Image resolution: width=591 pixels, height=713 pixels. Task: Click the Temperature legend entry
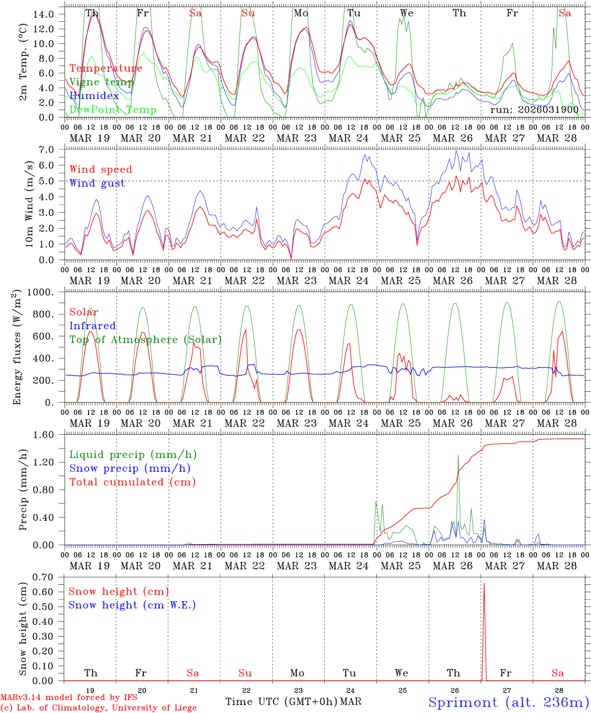tap(106, 68)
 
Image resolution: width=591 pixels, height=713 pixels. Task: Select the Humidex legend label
tap(95, 96)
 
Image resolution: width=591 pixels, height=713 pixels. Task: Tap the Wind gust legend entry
tap(98, 183)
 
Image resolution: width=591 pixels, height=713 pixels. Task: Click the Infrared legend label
tap(93, 326)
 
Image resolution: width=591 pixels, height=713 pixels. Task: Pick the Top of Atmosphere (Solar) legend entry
tap(146, 340)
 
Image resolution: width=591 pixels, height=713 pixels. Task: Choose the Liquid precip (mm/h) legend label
tap(133, 455)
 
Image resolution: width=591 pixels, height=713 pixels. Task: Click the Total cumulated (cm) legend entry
tap(133, 482)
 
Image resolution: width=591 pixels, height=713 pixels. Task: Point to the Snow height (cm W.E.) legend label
tap(132, 605)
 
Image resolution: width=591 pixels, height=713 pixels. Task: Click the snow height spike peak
tap(484, 584)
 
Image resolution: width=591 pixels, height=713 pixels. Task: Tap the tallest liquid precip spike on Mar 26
tap(458, 456)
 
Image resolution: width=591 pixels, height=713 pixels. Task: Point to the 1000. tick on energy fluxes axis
tap(41, 293)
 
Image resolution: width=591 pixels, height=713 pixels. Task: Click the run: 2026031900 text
tap(535, 109)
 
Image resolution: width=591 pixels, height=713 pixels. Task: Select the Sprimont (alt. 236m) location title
tap(508, 702)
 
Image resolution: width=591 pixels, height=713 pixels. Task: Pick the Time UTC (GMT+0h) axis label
tap(281, 702)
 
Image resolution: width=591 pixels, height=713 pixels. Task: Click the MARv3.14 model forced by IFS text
tap(69, 698)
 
